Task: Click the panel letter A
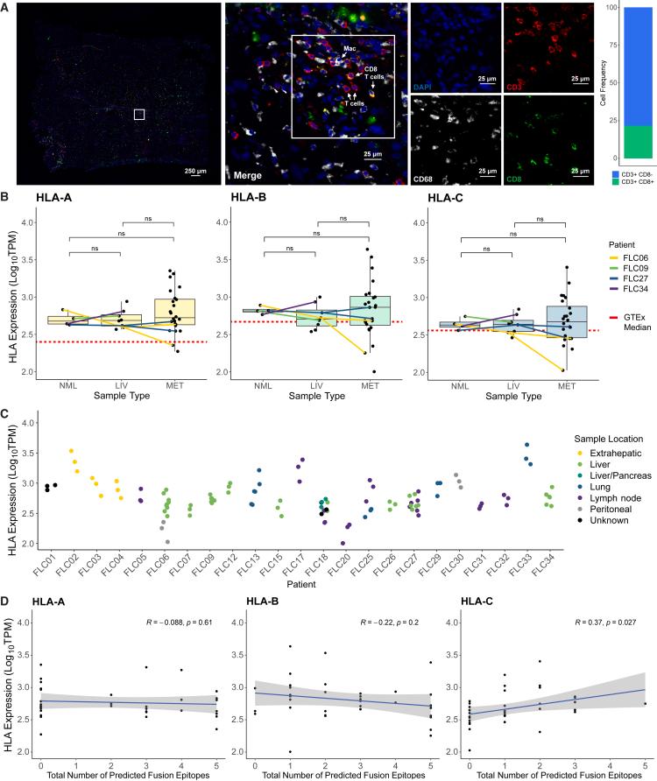pyautogui.click(x=6, y=7)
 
